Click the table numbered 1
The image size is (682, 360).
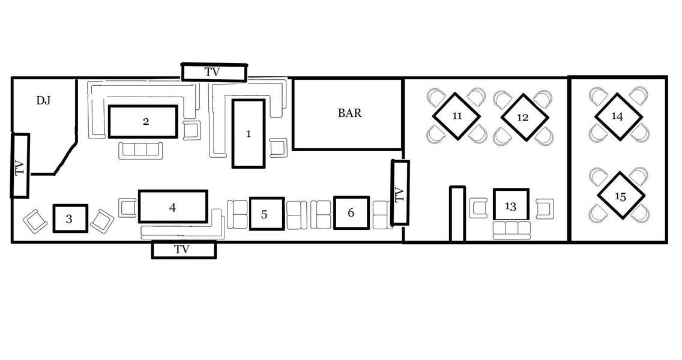tap(249, 133)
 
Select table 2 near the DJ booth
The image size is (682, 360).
tap(143, 121)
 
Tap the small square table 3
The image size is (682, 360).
tap(70, 218)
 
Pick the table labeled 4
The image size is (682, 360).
tap(173, 206)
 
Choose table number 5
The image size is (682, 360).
tap(267, 214)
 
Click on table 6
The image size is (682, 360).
tap(351, 212)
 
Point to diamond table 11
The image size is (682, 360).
tap(456, 116)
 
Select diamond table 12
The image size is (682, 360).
tap(524, 117)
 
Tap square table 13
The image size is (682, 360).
tap(511, 205)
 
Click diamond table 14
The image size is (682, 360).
tap(618, 116)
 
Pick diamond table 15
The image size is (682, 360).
tap(621, 196)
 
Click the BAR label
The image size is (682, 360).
tap(349, 113)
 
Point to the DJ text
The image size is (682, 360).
tap(43, 100)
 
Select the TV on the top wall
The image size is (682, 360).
tap(214, 72)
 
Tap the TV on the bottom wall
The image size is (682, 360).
tap(184, 250)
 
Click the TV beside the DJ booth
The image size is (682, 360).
tap(20, 166)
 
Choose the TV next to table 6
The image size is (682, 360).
tap(400, 193)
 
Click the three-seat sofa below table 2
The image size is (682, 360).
tap(140, 150)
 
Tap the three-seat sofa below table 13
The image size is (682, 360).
tap(511, 230)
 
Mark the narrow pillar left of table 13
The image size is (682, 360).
tap(457, 214)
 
